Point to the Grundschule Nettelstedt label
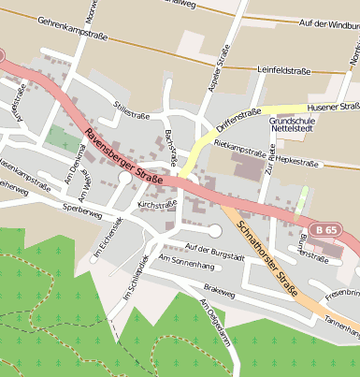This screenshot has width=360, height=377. point(296,126)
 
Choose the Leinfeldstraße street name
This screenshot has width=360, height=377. point(284,70)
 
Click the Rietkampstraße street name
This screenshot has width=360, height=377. point(240,148)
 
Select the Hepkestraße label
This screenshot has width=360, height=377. point(297,161)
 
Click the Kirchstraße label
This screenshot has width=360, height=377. point(156,203)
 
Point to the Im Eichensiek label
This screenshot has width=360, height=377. point(108,239)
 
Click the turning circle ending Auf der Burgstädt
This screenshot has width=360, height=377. point(215,230)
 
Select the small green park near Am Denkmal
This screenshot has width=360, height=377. point(63,139)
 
